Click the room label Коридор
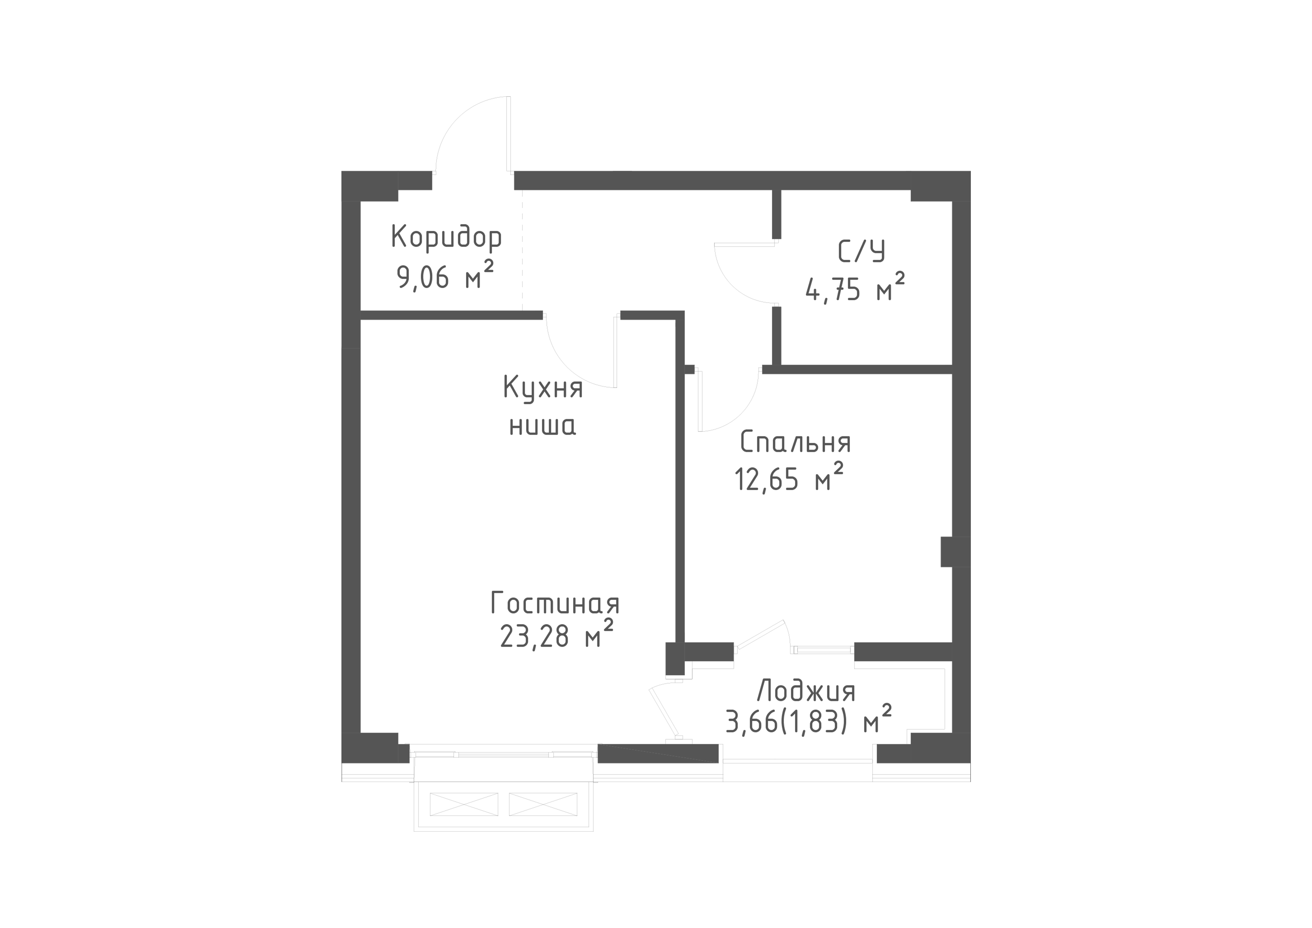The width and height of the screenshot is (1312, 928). [446, 238]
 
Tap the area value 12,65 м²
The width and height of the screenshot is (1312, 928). [789, 477]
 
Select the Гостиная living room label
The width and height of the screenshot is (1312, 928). [555, 604]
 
